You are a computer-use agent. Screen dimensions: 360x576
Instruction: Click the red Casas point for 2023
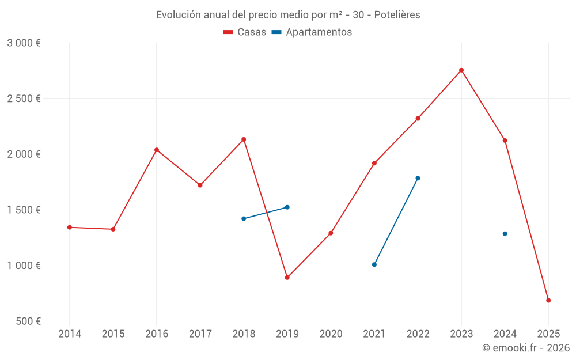(461, 70)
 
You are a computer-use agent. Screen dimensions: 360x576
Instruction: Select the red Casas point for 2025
(548, 300)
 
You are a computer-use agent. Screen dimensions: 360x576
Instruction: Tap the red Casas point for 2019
(287, 278)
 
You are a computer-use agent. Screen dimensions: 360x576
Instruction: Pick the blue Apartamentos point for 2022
(418, 178)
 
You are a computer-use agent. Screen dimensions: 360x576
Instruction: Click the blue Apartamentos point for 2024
(505, 234)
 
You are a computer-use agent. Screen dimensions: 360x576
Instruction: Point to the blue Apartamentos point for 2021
(374, 264)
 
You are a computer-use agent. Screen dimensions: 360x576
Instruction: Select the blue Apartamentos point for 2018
(244, 219)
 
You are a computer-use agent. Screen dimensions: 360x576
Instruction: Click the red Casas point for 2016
(157, 150)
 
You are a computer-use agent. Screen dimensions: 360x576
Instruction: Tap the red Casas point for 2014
(70, 227)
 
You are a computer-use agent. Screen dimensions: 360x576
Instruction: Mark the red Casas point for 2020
(331, 233)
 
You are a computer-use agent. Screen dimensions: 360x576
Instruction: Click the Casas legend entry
(245, 32)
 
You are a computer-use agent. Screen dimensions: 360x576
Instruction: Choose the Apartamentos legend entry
(312, 32)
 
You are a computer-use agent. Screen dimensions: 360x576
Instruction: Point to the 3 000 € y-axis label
(24, 43)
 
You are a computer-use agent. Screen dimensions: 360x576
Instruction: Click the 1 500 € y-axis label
(24, 210)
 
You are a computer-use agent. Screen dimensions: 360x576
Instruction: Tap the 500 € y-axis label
(28, 321)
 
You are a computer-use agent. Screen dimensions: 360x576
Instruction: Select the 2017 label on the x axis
(200, 334)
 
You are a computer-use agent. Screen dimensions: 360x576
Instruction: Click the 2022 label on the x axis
(418, 334)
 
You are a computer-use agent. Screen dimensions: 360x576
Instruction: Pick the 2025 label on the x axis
(548, 334)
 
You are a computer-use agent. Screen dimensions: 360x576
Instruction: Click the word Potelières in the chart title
(397, 15)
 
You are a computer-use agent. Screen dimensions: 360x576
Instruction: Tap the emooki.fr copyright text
(526, 348)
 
